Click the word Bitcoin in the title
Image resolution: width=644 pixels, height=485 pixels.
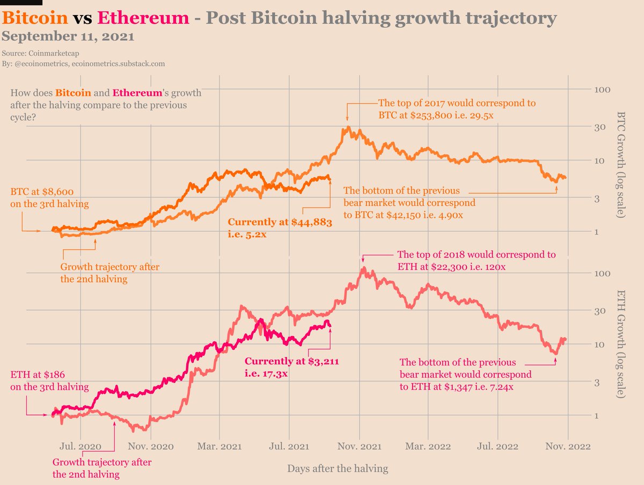[x=35, y=18]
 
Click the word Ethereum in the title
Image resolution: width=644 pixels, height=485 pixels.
[x=143, y=18]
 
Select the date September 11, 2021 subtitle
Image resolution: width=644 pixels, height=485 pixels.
[x=68, y=37]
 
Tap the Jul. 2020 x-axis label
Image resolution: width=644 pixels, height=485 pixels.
[x=80, y=446]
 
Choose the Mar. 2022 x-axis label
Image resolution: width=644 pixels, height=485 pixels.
[x=429, y=446]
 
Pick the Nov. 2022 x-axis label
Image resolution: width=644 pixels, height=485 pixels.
[x=568, y=446]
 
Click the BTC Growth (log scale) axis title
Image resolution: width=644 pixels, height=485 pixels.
[x=621, y=164]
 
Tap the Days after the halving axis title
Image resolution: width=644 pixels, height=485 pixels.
[x=338, y=468]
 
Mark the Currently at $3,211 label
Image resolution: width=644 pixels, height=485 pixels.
[x=292, y=362]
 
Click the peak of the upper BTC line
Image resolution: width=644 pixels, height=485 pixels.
[x=348, y=128]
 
